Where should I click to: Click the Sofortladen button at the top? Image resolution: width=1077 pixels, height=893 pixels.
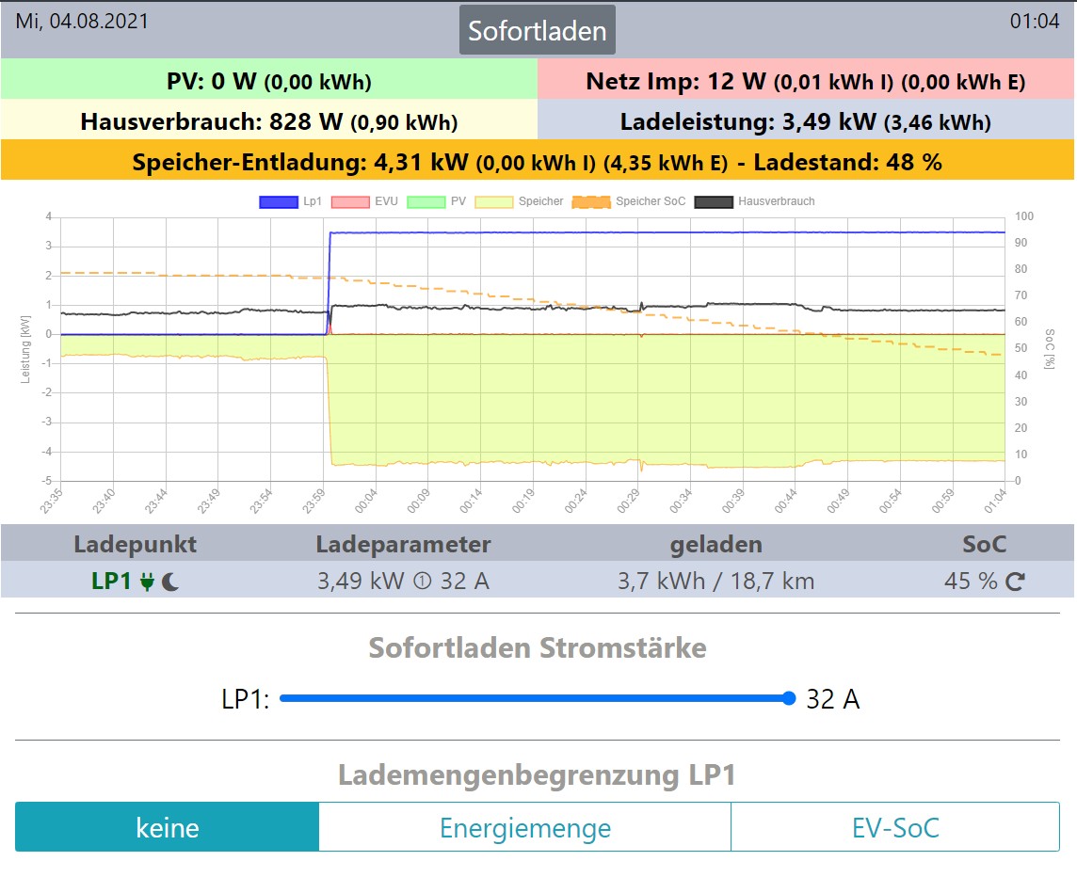tap(538, 30)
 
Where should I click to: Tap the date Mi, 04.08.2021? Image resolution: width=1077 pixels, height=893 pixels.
tap(82, 21)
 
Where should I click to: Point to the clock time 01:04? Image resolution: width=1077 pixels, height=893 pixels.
tap(1035, 21)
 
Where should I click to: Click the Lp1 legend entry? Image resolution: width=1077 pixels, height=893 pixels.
tap(301, 201)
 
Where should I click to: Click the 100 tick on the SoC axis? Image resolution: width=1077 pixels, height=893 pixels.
tap(1024, 217)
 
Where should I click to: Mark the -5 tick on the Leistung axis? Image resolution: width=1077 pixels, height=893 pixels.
tap(47, 482)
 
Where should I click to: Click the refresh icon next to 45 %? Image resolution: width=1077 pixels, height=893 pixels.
tap(1015, 582)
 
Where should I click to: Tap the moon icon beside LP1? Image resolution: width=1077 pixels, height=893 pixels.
tap(170, 582)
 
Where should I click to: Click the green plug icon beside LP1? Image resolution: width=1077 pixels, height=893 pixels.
tap(147, 582)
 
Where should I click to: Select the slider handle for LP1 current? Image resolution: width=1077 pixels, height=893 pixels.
tap(789, 698)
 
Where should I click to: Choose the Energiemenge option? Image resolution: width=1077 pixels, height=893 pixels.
tap(524, 828)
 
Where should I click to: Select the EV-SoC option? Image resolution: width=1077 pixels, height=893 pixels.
tap(894, 828)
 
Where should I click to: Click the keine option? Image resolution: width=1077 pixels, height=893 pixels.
tap(168, 828)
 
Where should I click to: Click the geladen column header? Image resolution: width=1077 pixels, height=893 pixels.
tap(715, 544)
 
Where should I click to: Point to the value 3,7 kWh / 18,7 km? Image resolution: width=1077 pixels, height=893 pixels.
tap(715, 582)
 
